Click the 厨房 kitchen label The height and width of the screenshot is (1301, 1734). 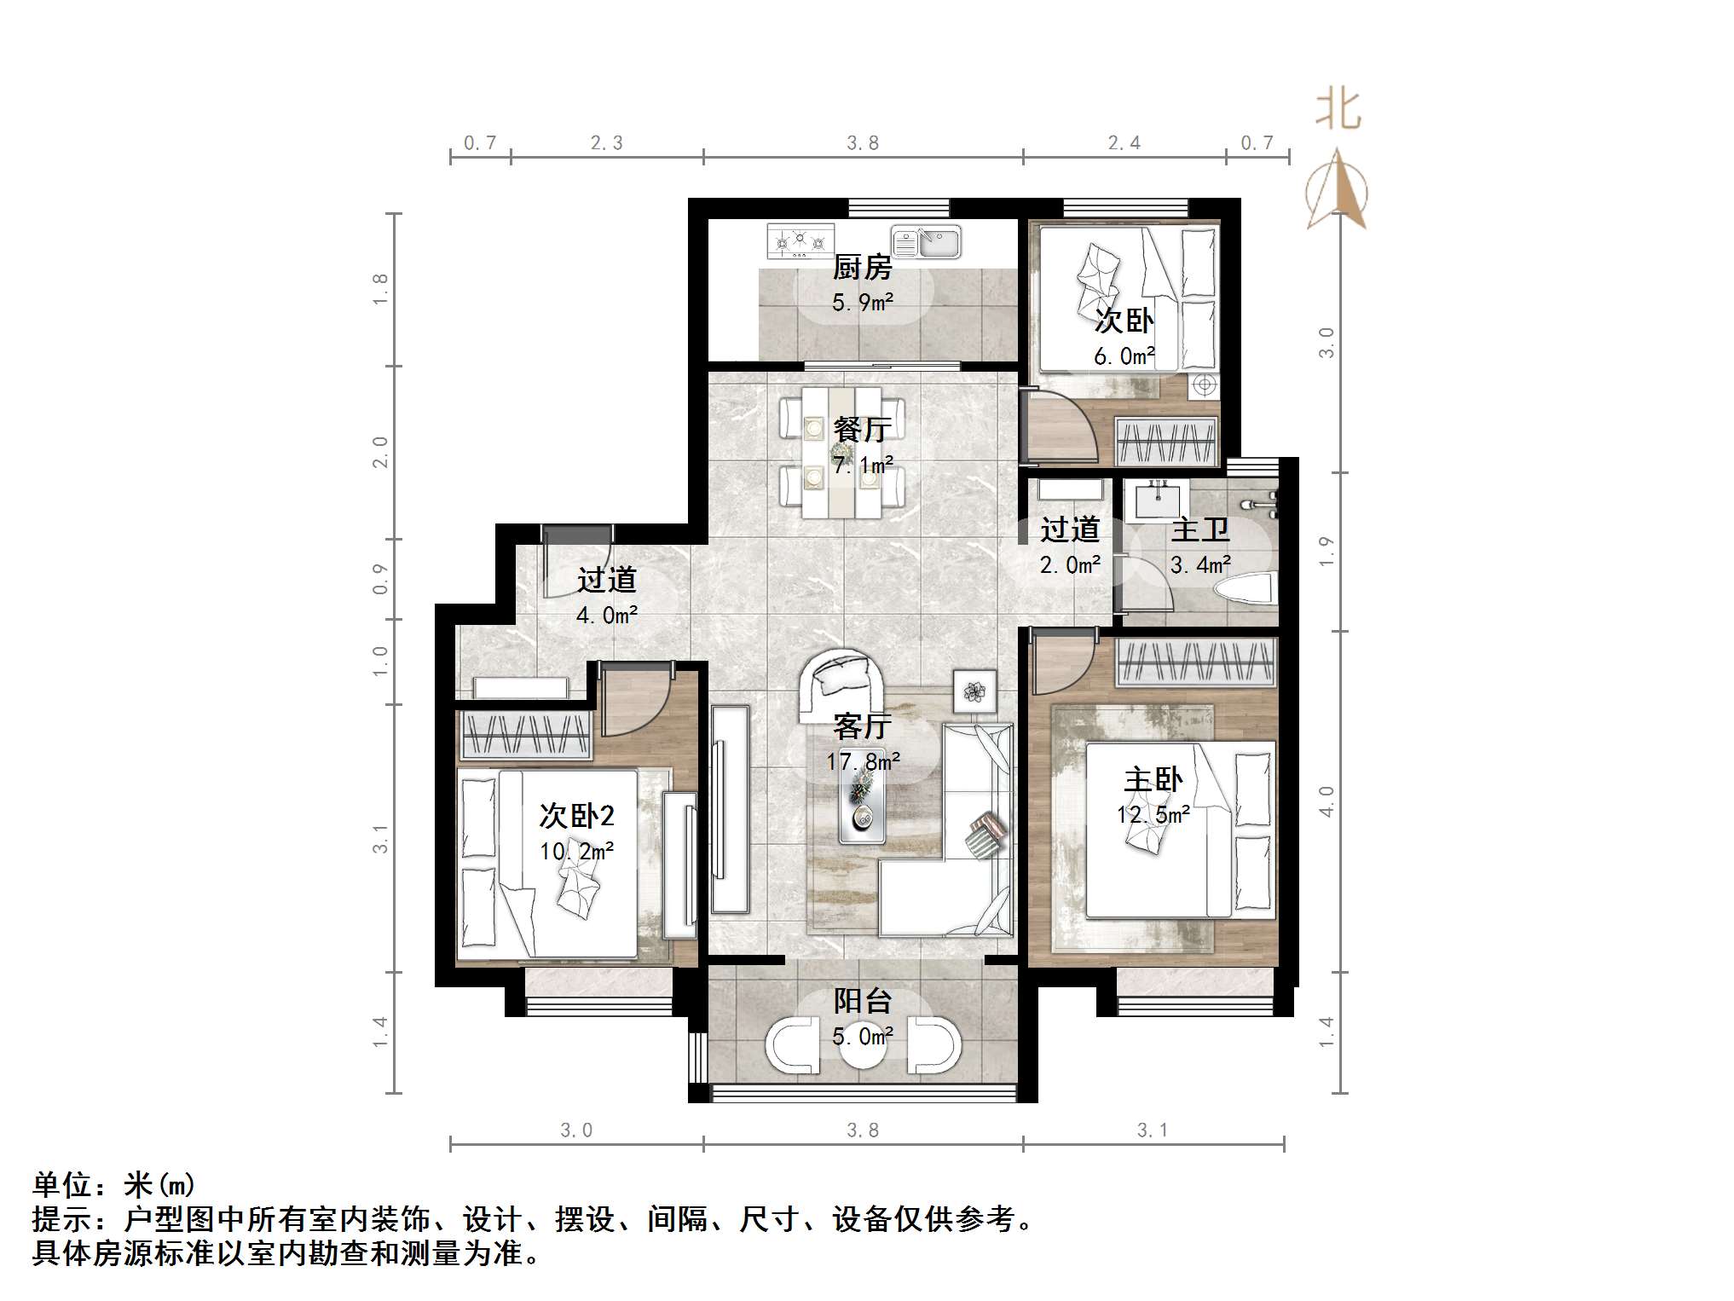tap(862, 268)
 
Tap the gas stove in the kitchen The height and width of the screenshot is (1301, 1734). tap(800, 241)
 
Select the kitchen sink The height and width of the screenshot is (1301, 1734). tap(926, 242)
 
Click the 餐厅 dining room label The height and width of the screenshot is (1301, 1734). tap(862, 429)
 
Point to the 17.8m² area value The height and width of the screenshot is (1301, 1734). tap(862, 761)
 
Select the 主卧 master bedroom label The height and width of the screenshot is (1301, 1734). tap(1153, 779)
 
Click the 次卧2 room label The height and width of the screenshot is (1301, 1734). tap(576, 816)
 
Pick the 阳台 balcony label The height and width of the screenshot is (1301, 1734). tap(862, 1001)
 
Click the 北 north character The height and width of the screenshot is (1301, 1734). tap(1338, 111)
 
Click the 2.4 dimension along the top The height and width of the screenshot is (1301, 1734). tap(1124, 143)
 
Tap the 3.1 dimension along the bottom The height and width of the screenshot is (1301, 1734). tap(1153, 1130)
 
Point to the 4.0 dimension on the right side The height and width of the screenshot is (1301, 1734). tap(1326, 801)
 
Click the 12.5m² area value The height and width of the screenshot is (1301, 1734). tap(1153, 815)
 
